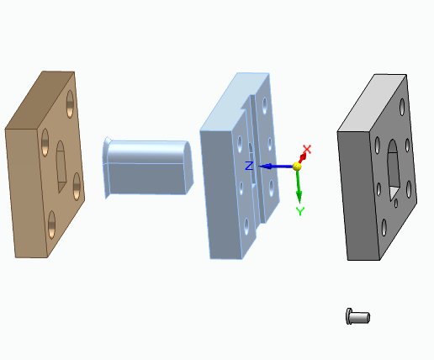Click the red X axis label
(307, 149)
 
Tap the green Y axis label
(299, 210)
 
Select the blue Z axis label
(249, 166)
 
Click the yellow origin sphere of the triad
(297, 167)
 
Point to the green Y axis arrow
(299, 189)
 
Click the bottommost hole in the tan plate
(52, 224)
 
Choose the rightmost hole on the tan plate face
(77, 184)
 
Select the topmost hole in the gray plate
(402, 108)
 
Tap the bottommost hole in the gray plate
(384, 227)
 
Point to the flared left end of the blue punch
(107, 166)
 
